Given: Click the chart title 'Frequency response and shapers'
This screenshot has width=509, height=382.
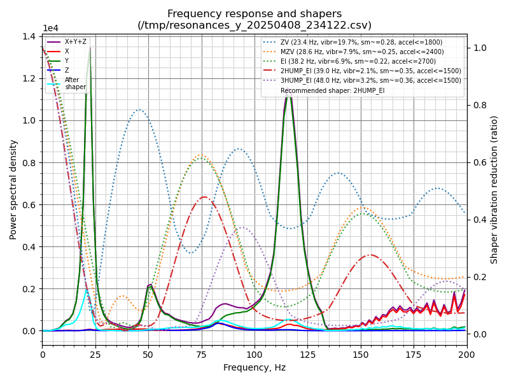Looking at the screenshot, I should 254,14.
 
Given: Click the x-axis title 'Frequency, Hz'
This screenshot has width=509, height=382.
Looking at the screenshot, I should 254,367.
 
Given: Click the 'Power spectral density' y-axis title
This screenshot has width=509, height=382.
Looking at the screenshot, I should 13,189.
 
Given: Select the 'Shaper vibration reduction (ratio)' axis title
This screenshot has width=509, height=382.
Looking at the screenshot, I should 494,189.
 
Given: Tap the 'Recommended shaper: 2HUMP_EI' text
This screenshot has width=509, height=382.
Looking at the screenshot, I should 333,90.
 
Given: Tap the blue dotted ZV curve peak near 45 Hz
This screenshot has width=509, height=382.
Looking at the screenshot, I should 139,110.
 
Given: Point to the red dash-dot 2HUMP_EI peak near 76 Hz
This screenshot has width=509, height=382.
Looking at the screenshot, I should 204,197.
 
